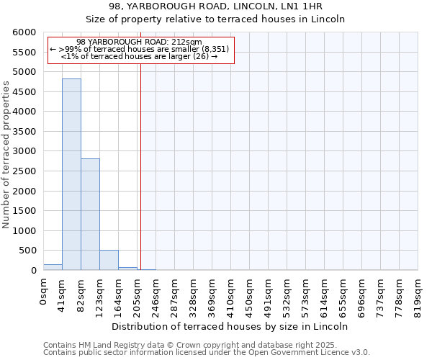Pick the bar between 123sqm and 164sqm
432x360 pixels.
pos(109,260)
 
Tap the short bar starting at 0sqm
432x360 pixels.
pos(53,267)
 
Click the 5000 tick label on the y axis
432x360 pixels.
pos(24,72)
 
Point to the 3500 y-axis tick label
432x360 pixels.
pos(24,132)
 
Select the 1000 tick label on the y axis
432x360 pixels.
pos(24,231)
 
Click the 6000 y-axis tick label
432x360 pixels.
pos(24,32)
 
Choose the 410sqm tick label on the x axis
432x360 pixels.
pos(231,293)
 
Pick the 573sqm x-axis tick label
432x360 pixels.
pos(306,293)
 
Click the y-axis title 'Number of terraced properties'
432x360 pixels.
pos(6,155)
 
